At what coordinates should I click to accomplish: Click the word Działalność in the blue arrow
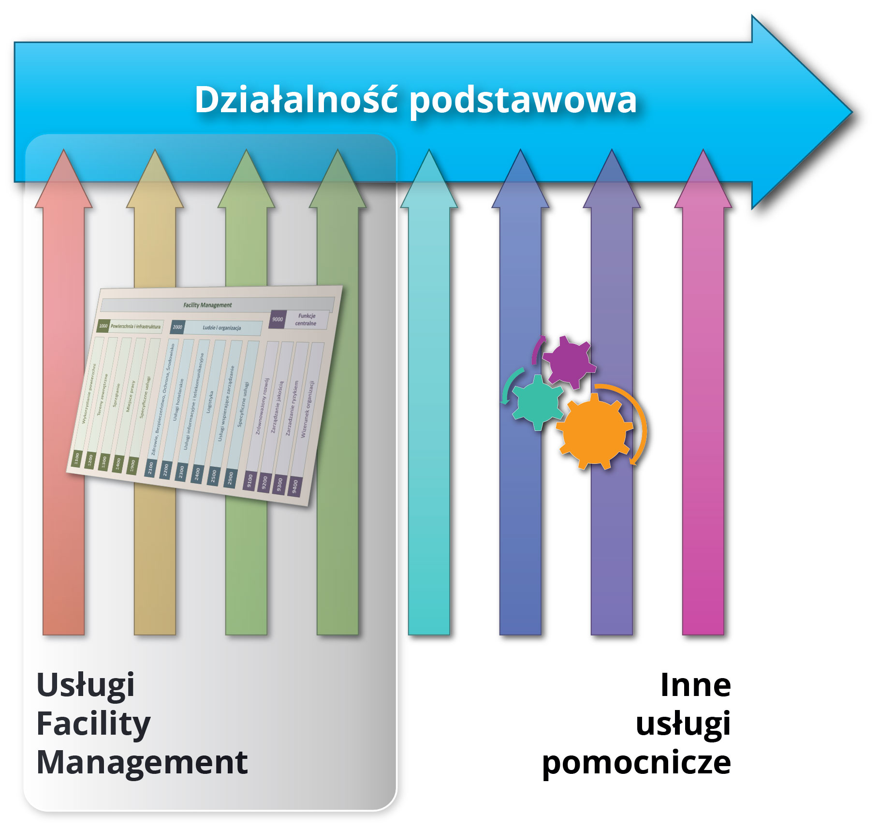point(296,100)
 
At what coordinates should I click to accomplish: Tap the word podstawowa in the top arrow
point(523,101)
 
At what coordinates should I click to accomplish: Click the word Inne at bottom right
point(695,685)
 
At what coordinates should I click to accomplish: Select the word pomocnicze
point(636,763)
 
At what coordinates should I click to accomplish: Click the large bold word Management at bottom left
point(142,763)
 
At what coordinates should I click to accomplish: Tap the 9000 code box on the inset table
point(278,319)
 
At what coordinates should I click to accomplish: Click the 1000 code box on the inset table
point(103,326)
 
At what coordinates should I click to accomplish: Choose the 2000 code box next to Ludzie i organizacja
point(177,327)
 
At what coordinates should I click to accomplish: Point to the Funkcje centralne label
point(306,320)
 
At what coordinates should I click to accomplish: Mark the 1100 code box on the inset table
point(76,458)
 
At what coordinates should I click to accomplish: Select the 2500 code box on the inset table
point(214,475)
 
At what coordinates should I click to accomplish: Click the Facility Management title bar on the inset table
point(208,305)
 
